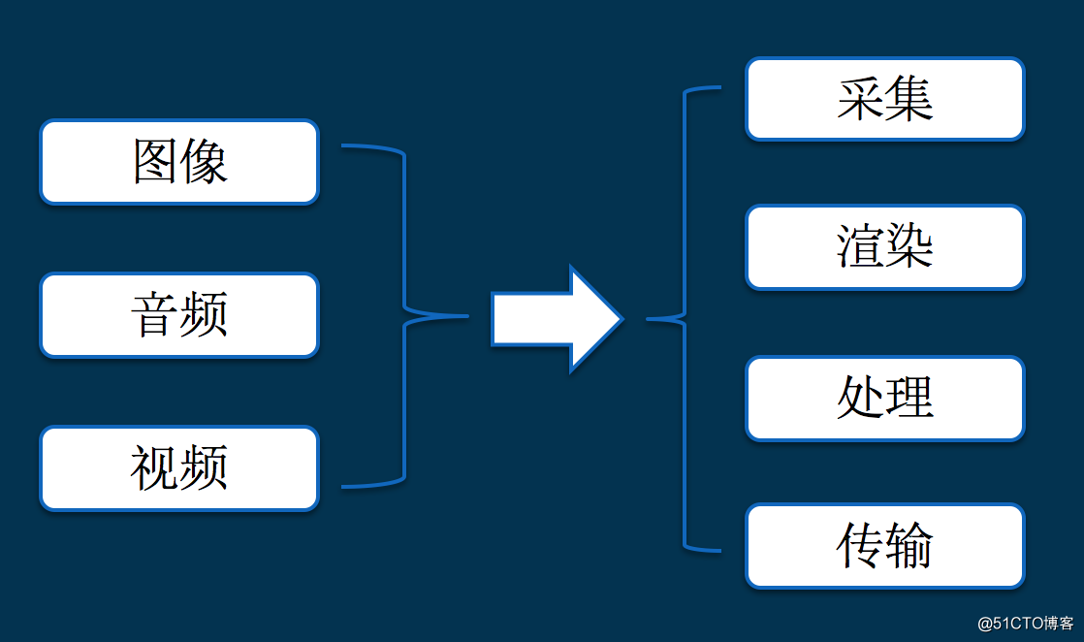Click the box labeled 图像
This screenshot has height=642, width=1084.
(x=179, y=162)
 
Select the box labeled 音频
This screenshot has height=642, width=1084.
(x=179, y=315)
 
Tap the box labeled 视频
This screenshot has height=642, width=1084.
(x=179, y=468)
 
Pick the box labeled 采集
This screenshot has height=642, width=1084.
(x=884, y=99)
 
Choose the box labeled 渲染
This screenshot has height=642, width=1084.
(x=884, y=247)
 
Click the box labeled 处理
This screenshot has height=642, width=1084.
(x=884, y=398)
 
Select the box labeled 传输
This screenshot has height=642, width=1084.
(x=884, y=546)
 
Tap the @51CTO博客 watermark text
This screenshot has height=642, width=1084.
(x=1025, y=623)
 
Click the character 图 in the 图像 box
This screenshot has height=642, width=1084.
(x=156, y=162)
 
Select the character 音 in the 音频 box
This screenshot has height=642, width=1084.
(x=155, y=315)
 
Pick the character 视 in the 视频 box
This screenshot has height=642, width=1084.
(x=155, y=468)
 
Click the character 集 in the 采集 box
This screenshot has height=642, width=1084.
(x=909, y=99)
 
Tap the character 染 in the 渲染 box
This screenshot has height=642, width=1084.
(x=909, y=247)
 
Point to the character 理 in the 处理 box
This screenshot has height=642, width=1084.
(x=909, y=398)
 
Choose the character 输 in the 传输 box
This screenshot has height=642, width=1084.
(x=909, y=546)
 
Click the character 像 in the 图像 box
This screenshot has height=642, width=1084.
(x=205, y=162)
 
